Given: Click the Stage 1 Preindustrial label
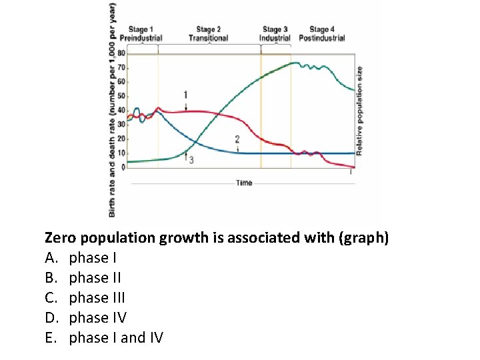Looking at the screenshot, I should point(141,33).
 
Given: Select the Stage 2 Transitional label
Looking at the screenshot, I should point(208,33).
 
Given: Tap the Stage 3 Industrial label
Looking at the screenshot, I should point(275,33).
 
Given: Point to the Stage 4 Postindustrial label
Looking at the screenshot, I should point(321,33).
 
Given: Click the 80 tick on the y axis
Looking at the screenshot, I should point(121,53).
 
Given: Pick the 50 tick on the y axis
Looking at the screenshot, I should point(121,96).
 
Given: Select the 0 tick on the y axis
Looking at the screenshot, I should point(123,167).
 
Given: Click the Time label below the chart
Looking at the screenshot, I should point(244,183).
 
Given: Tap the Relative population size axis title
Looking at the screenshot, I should point(359,111).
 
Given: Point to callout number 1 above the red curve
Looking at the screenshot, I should point(185,95).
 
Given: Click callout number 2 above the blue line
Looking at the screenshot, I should point(237,139).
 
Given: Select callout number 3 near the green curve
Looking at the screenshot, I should point(191,161).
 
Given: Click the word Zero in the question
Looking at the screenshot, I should point(60,237).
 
